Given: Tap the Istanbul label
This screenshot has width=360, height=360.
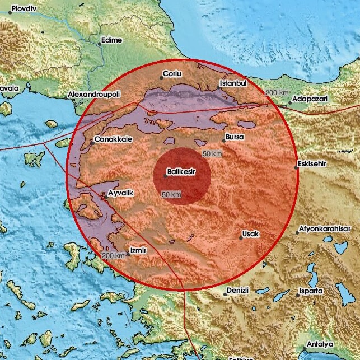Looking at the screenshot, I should tap(235, 83).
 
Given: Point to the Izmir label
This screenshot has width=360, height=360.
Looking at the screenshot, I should tap(138, 250).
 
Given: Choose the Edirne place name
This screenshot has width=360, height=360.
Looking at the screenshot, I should tap(111, 41).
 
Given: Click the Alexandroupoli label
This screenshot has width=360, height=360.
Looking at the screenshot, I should tap(93, 95).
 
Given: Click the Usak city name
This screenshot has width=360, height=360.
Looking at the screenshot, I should tap(251, 233).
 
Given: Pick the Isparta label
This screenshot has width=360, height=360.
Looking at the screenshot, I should tap(311, 291).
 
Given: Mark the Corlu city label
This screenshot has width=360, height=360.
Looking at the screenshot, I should tap(173, 73).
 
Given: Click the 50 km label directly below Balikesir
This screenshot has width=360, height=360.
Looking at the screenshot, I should tap(171, 194).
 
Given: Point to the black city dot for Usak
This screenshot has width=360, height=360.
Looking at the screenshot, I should tap(241, 238).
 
